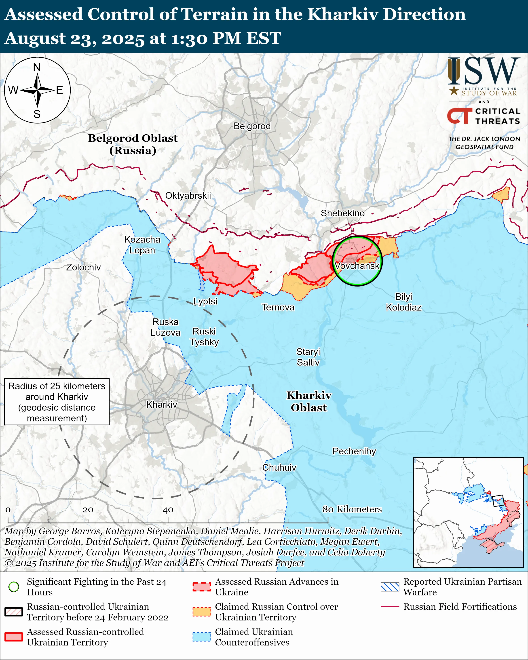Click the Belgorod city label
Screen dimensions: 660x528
(x=252, y=126)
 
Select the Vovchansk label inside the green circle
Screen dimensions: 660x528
(x=357, y=266)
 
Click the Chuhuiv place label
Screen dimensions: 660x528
(x=279, y=467)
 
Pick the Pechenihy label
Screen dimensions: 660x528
(x=354, y=451)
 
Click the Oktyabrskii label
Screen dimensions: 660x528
(x=188, y=195)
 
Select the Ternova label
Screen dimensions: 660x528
(x=278, y=307)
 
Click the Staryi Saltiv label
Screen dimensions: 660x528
(x=308, y=357)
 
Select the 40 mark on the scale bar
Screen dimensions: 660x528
(x=168, y=510)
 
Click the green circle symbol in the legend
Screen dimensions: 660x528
(x=14, y=586)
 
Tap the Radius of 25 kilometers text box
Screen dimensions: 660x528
(x=57, y=402)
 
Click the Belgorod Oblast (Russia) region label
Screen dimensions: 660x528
(x=133, y=144)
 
